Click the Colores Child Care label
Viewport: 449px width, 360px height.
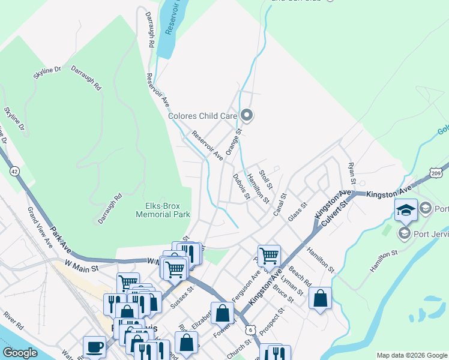(x=202, y=116)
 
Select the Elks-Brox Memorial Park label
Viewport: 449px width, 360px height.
(x=163, y=209)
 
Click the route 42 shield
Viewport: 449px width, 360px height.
(x=13, y=172)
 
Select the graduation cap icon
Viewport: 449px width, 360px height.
(x=405, y=209)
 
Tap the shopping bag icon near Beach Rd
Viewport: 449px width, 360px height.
(x=320, y=297)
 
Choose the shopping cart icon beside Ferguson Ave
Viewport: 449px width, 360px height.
(x=269, y=255)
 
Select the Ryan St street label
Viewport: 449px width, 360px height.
(x=352, y=172)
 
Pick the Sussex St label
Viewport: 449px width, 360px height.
(x=183, y=296)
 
